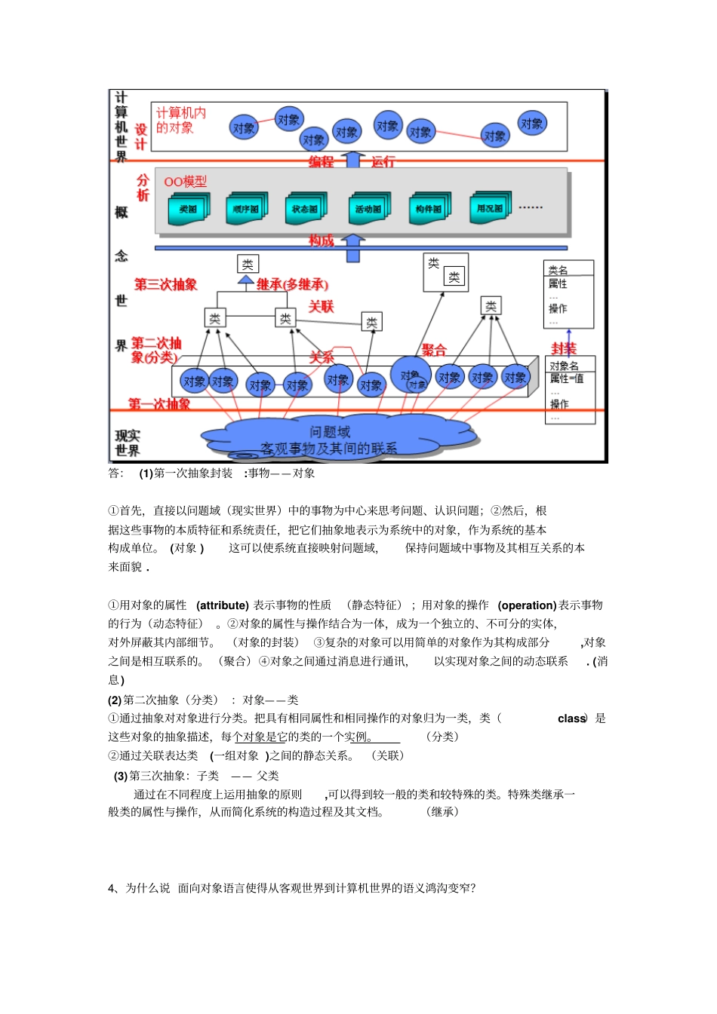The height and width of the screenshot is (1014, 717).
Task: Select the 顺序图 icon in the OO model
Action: point(246,209)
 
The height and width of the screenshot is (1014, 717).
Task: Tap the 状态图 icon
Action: point(305,209)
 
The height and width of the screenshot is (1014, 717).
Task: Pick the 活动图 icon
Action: point(368,209)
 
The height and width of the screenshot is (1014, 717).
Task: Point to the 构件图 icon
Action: point(429,209)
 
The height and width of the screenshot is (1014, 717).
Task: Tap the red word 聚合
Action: point(434,350)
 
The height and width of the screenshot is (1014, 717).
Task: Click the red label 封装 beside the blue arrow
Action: point(563,348)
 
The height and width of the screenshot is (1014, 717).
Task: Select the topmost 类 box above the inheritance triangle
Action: point(248,264)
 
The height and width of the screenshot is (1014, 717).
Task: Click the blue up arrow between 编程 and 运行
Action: point(352,159)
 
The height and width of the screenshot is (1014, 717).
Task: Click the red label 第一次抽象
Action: point(159,404)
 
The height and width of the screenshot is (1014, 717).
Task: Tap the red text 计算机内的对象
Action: point(180,120)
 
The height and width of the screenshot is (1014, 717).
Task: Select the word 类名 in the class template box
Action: point(559,270)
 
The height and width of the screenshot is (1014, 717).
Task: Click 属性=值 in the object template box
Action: point(566,378)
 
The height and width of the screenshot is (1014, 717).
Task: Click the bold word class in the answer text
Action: point(571,718)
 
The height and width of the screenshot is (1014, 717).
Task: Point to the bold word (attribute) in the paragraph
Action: point(222,605)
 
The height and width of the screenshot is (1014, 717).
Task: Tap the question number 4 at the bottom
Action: point(112,888)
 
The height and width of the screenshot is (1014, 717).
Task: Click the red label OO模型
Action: point(185,182)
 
